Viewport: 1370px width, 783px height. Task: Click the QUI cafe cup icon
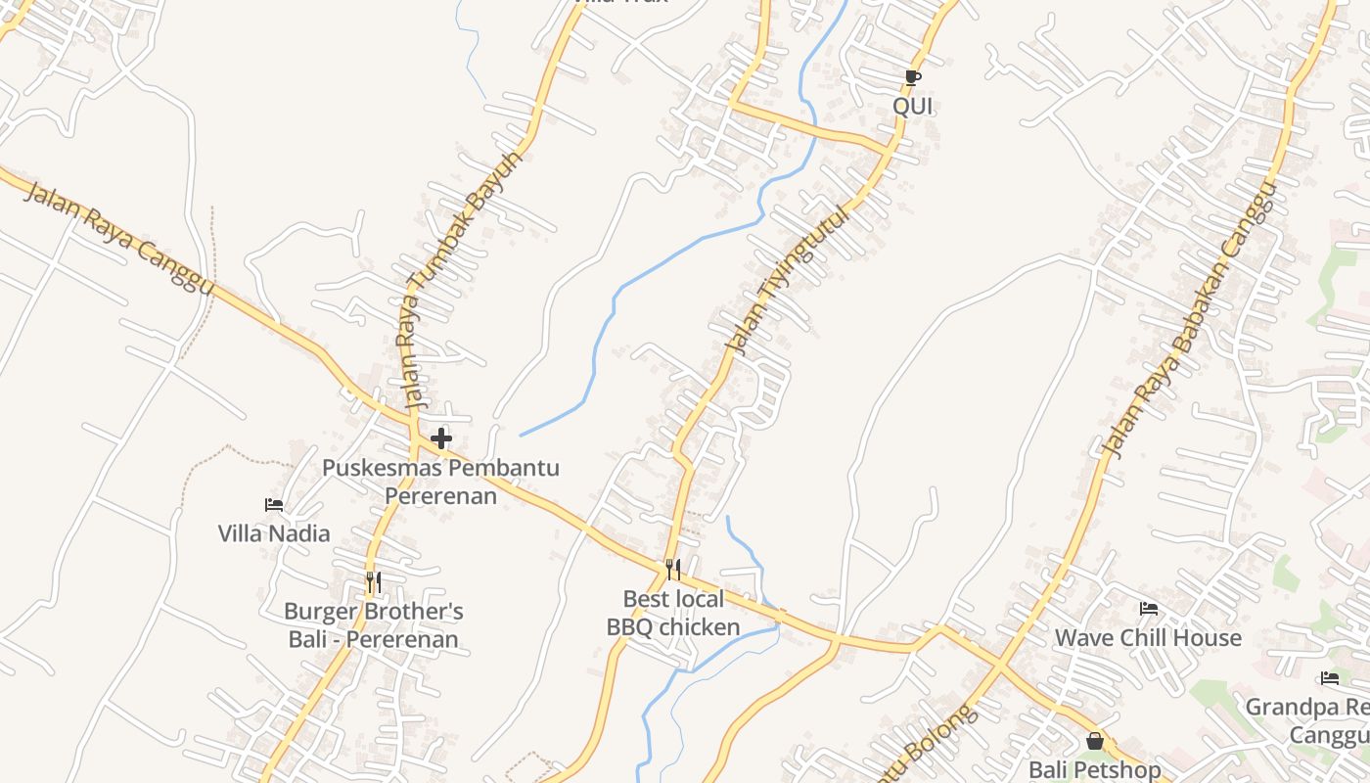coord(912,77)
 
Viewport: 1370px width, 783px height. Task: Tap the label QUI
coord(913,106)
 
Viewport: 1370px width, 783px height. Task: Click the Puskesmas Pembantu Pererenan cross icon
coord(441,438)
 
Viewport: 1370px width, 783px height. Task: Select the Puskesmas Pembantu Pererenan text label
coord(441,482)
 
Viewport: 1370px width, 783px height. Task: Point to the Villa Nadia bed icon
coord(274,505)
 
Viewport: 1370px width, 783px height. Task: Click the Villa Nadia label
coord(274,533)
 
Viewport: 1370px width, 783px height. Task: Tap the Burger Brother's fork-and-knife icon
coord(373,582)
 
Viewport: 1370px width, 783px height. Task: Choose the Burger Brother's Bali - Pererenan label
coord(373,625)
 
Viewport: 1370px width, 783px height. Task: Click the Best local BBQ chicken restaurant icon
coord(673,570)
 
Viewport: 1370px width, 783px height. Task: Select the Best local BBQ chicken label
coord(673,613)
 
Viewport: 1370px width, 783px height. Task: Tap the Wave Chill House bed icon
coord(1149,609)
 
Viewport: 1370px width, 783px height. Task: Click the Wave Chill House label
coord(1148,638)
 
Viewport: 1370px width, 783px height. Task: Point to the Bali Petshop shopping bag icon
coord(1095,741)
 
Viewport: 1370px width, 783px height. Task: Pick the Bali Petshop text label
coord(1095,770)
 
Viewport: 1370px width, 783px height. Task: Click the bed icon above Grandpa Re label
coord(1329,677)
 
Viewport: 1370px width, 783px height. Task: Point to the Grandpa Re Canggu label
coord(1311,720)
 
